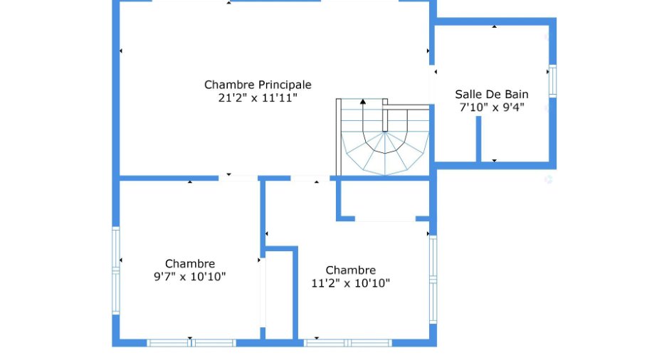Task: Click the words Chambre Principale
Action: (258, 85)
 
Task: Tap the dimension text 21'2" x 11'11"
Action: (258, 98)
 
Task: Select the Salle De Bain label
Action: (492, 94)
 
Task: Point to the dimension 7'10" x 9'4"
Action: (492, 107)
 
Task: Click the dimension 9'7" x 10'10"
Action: (190, 277)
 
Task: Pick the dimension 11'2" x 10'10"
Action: (351, 283)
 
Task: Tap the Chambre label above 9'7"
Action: (190, 264)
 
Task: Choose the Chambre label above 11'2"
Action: (351, 270)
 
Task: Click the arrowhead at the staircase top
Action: (363, 102)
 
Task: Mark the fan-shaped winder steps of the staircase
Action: (385, 154)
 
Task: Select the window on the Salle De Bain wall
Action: (552, 81)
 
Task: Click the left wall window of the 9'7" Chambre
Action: (115, 270)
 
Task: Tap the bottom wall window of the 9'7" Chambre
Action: (191, 343)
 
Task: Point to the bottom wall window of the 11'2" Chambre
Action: (348, 343)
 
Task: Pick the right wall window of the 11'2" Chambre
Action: (433, 280)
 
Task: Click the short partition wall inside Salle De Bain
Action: (479, 139)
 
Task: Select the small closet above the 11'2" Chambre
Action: (385, 198)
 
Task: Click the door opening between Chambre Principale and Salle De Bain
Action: (432, 85)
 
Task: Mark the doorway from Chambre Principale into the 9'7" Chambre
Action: (238, 178)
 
